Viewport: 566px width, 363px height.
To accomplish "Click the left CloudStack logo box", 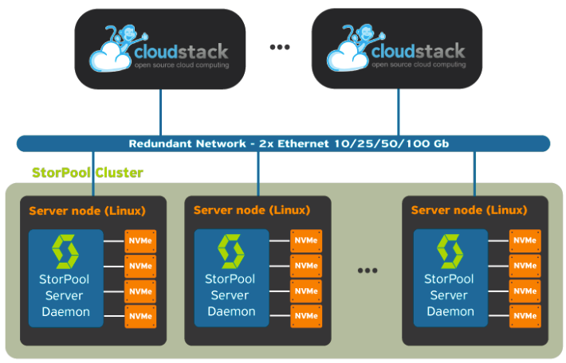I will [161, 49].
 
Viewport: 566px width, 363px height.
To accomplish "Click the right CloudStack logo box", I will [397, 49].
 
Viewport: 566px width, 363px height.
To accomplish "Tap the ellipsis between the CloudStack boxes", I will [280, 48].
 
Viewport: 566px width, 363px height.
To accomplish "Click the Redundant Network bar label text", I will [283, 144].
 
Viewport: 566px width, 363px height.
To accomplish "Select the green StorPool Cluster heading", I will [87, 172].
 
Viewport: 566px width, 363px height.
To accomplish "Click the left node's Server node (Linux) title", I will [87, 211].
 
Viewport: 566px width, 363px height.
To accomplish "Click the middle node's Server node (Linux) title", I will [251, 210].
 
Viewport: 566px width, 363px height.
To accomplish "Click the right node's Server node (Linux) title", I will [469, 210].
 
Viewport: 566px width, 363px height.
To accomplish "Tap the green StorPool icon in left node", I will [66, 252].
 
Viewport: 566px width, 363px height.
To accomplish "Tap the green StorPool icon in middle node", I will [230, 252].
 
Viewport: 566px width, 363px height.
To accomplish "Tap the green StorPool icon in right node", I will [450, 252].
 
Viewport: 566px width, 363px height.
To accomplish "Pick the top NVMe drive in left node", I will [140, 241].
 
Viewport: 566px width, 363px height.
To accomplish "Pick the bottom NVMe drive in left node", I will [140, 317].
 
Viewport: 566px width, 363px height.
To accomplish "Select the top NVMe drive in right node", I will [525, 240].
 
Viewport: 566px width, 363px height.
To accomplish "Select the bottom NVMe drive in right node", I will [525, 316].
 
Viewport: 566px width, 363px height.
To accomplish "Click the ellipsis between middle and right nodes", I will [367, 271].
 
